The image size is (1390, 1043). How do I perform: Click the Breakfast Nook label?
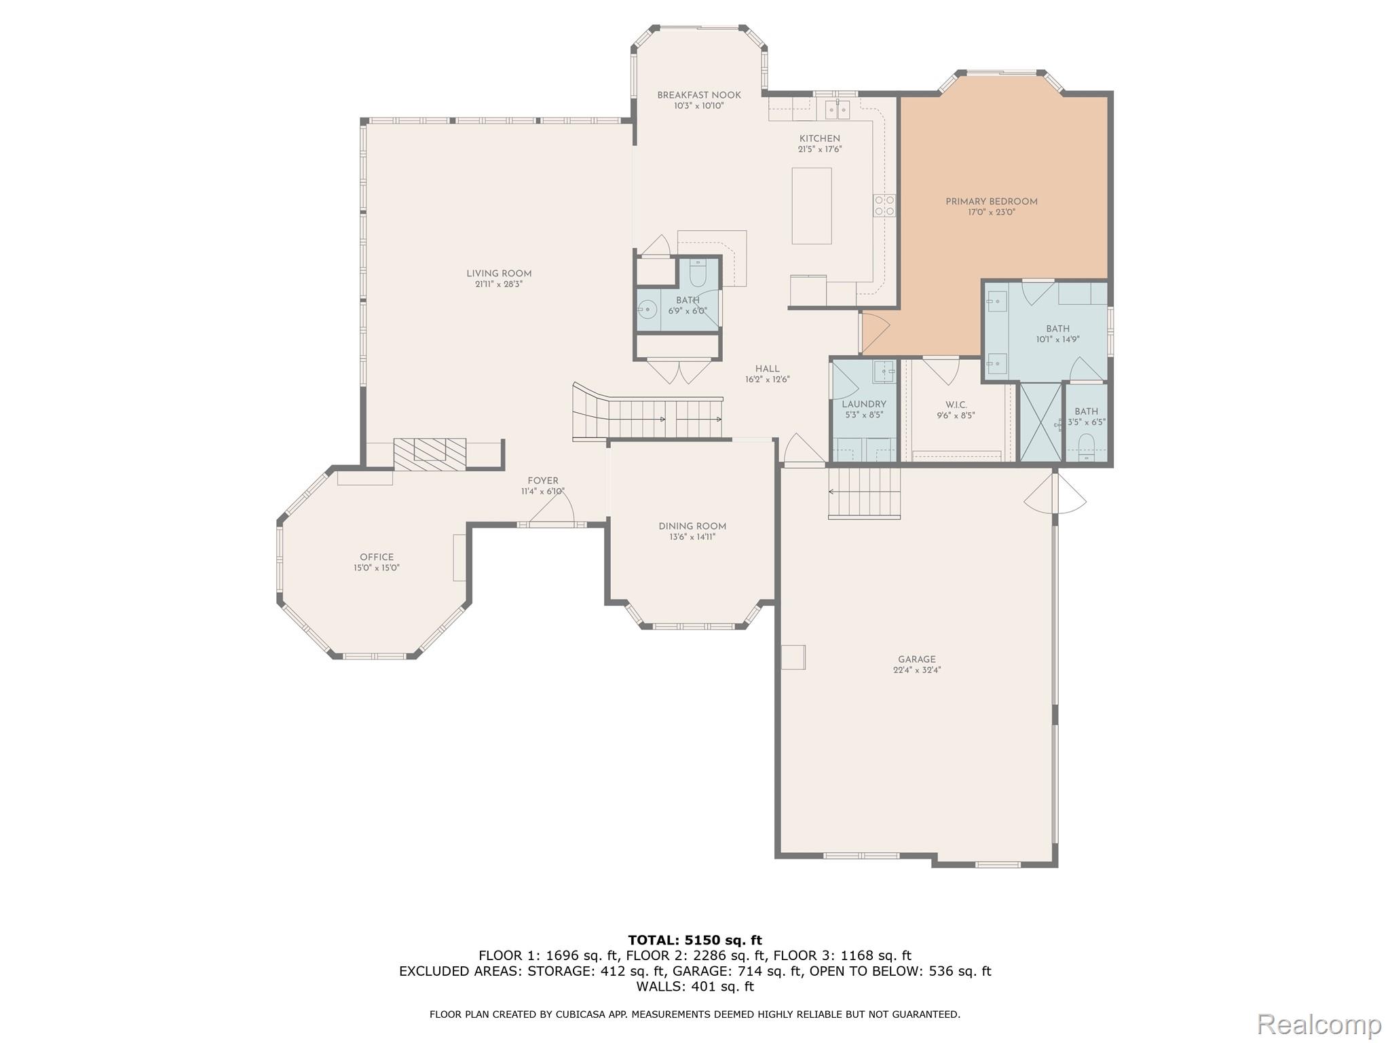tap(699, 95)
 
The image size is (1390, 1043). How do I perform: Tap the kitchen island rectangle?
tap(811, 206)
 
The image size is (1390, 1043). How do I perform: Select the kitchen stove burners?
tap(884, 206)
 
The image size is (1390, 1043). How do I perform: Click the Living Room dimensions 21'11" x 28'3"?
tap(499, 285)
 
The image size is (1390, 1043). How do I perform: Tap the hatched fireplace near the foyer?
tap(430, 454)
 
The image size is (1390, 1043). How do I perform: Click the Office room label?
tap(377, 557)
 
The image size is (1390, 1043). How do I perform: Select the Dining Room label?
tap(692, 526)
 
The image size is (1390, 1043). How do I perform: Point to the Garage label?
tap(916, 659)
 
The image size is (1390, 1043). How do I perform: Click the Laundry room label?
tap(864, 404)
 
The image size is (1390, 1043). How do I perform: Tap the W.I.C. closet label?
tap(956, 405)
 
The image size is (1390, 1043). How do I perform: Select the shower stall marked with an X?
tap(1040, 422)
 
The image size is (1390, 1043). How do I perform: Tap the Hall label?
tap(767, 369)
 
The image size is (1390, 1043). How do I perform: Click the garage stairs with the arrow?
tap(864, 493)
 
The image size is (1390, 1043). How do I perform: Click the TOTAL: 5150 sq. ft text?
tap(694, 940)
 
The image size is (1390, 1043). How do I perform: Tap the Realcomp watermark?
tap(1319, 1024)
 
